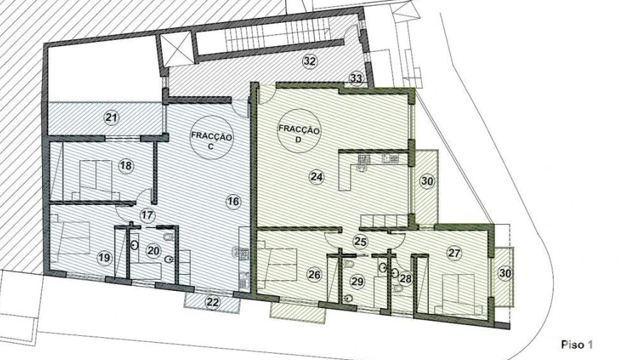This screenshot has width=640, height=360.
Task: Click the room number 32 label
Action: click(309, 62)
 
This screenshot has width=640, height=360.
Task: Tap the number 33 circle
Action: click(356, 78)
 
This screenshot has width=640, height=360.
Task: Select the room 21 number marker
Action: click(111, 118)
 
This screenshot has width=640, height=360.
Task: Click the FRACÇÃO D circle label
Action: click(299, 131)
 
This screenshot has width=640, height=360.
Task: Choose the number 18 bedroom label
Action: click(126, 165)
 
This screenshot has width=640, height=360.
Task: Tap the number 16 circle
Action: click(233, 201)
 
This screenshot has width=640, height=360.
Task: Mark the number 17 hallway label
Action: click(147, 215)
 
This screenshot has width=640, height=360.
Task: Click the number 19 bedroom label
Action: click(105, 258)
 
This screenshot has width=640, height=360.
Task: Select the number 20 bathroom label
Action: click(154, 250)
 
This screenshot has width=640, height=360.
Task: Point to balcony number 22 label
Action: click(213, 303)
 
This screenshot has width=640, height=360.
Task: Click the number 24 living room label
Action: click(316, 177)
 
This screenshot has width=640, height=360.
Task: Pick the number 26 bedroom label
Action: click(314, 275)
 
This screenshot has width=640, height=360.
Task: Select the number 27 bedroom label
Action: click(454, 253)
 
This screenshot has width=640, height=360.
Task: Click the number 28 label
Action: click(406, 278)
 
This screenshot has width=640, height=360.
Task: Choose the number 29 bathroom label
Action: click(357, 281)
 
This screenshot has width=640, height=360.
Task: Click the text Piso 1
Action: click(577, 344)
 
